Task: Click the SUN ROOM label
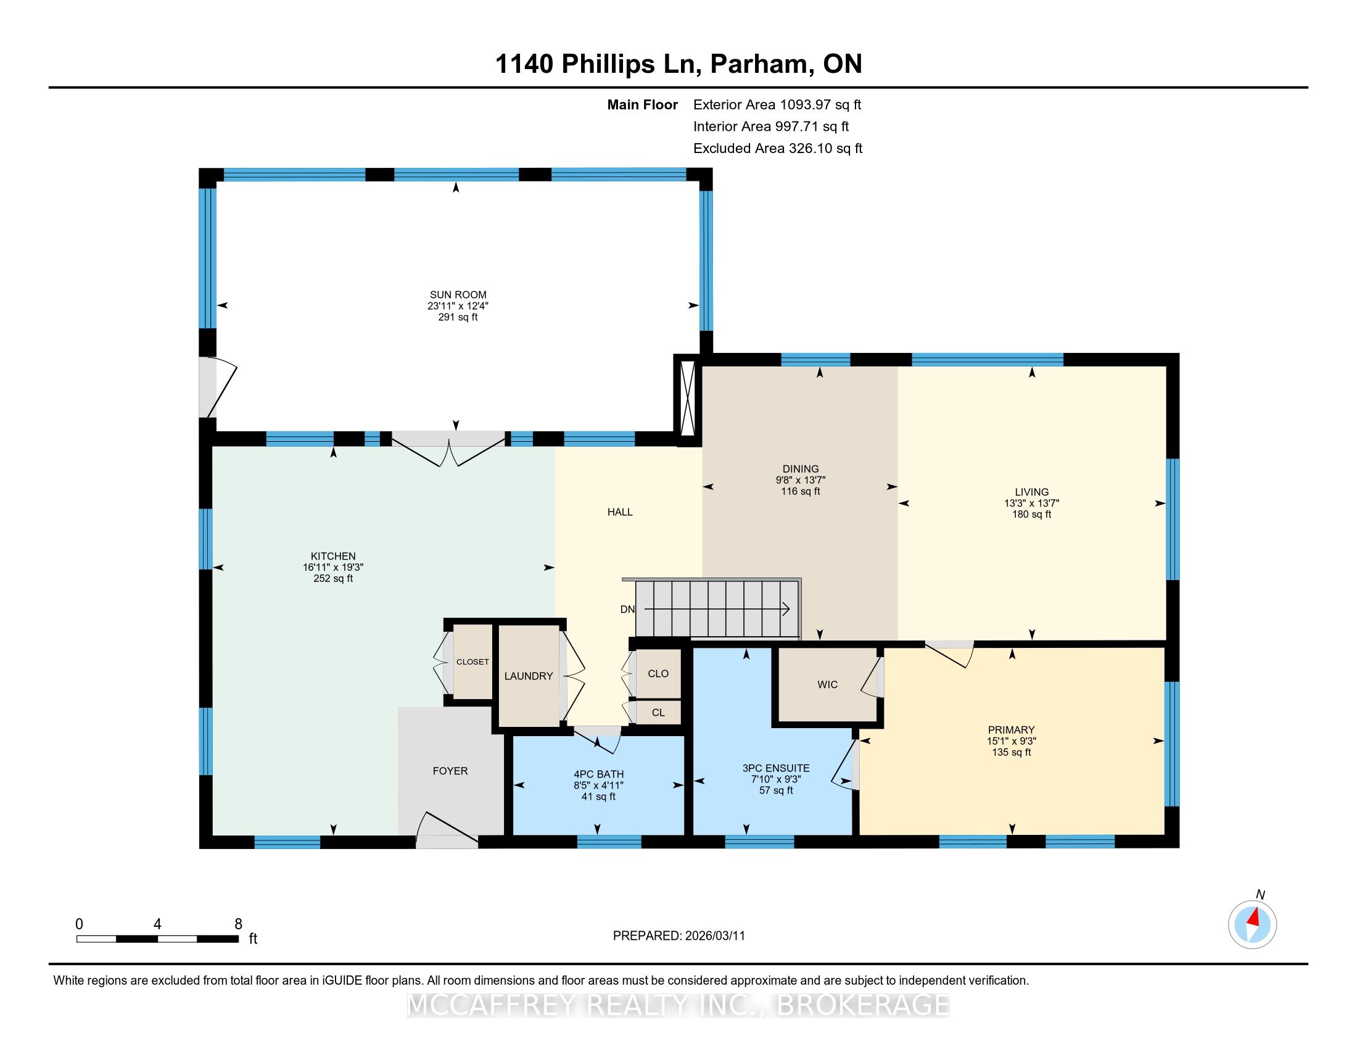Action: tap(458, 294)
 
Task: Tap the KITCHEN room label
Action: tap(333, 556)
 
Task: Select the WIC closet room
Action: tap(827, 685)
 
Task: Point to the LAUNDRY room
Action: tap(529, 676)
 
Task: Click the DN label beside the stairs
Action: tap(627, 609)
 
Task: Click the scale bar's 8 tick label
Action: tap(238, 924)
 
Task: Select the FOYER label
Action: tap(450, 771)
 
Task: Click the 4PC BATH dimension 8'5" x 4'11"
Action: tap(598, 786)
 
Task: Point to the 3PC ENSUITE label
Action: tap(776, 768)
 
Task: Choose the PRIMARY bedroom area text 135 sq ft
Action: tap(1012, 752)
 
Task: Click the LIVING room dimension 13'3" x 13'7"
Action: tap(1031, 504)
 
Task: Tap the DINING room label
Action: tap(800, 469)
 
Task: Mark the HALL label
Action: tap(619, 512)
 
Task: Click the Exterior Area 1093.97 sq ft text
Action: tap(777, 104)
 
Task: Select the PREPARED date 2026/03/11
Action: tap(714, 936)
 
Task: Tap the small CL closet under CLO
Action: tap(658, 713)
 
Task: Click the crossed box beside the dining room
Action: tap(688, 400)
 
